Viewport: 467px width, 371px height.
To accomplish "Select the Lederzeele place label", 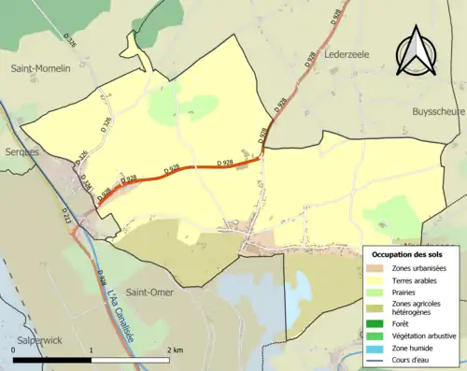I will coord(347,55).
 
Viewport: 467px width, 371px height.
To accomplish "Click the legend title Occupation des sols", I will coord(407,254).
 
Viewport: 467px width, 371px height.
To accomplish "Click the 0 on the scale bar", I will coord(14,349).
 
